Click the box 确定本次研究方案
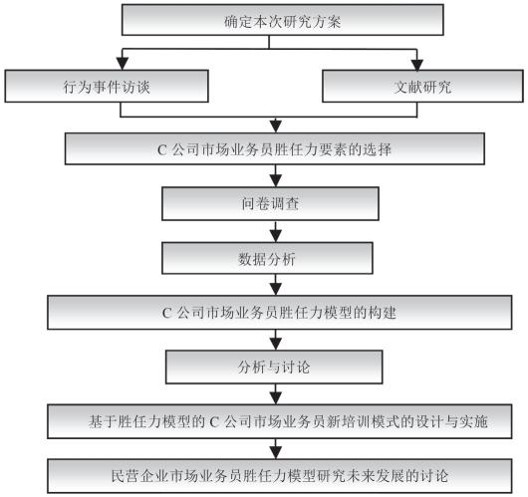click(283, 20)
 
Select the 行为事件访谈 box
click(107, 87)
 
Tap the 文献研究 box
click(422, 87)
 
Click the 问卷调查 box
click(270, 204)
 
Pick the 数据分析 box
click(267, 258)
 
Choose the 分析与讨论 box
click(274, 367)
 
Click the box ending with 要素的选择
click(275, 148)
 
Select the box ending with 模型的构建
click(280, 313)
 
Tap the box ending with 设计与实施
click(280, 421)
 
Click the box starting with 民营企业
click(280, 476)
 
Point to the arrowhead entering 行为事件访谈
click(123, 64)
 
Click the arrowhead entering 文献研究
click(417, 65)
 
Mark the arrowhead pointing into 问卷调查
click(276, 181)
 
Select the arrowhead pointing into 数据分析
click(276, 236)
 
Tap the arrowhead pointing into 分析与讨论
click(276, 345)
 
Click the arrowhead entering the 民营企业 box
click(276, 453)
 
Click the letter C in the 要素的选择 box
click(162, 150)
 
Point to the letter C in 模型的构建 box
click(167, 313)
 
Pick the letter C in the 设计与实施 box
click(214, 422)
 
